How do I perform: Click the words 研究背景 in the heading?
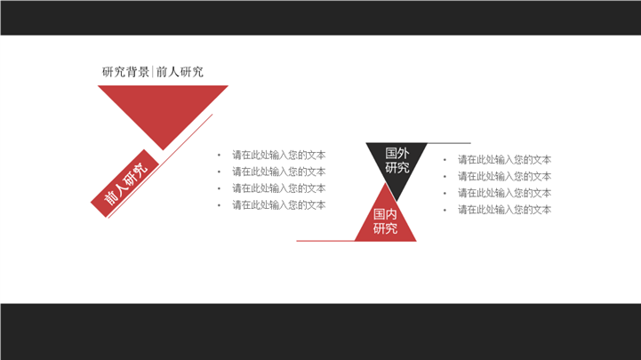click(125, 72)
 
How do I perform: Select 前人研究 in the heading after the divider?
click(180, 72)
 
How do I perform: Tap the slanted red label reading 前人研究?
click(124, 183)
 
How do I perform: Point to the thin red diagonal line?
click(160, 166)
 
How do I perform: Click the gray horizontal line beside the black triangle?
click(449, 143)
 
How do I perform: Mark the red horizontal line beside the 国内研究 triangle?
click(325, 241)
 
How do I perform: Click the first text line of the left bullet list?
click(279, 156)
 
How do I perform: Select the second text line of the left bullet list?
click(279, 172)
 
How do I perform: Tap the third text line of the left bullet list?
click(279, 188)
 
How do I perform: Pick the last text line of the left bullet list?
click(279, 205)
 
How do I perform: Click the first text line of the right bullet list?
click(504, 160)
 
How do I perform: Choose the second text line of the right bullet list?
click(504, 177)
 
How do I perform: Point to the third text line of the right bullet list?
click(504, 193)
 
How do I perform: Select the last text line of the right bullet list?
click(504, 210)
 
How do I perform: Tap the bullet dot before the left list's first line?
click(219, 156)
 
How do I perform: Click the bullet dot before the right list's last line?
click(445, 210)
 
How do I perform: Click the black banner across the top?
click(320, 18)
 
